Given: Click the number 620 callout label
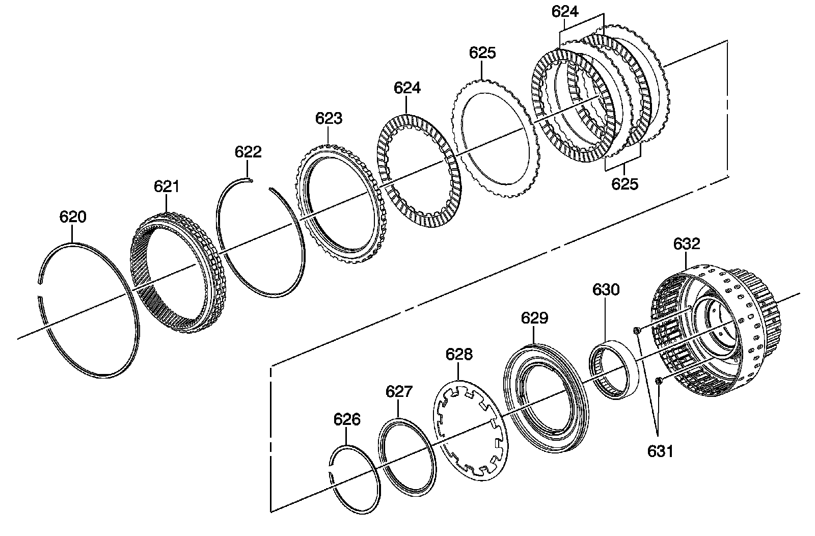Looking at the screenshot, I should click(x=73, y=217).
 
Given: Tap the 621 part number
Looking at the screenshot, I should click(x=167, y=187).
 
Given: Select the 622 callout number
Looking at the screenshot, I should click(x=248, y=152).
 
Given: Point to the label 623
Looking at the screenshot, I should click(x=329, y=119).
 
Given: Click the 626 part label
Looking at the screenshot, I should click(x=347, y=419).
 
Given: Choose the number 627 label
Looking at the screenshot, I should click(x=399, y=392).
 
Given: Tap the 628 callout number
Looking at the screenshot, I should click(x=459, y=354).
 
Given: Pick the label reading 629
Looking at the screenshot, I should click(x=534, y=318).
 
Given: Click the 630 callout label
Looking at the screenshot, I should click(x=606, y=290).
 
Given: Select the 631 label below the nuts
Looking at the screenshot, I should click(x=660, y=451).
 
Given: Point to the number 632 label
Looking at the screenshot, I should click(x=687, y=244).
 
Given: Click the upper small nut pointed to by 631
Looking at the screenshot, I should click(x=637, y=332).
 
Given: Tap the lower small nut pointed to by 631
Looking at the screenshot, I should click(x=659, y=380).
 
